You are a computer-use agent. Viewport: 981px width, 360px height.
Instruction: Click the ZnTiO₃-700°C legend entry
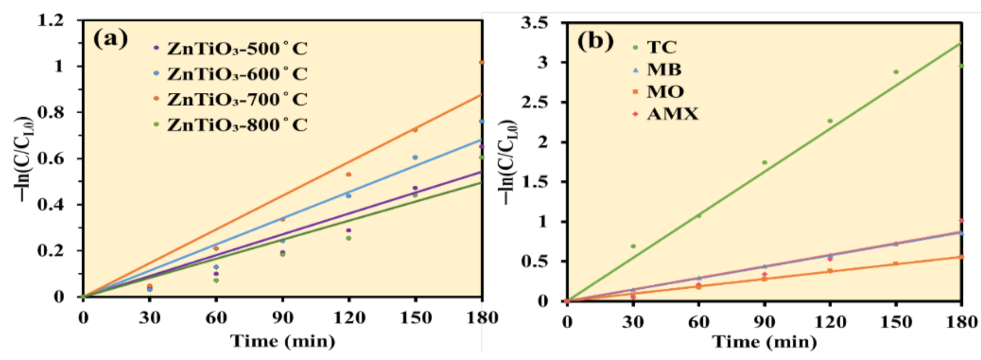(x=237, y=99)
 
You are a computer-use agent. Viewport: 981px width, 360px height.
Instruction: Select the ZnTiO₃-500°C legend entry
(x=237, y=48)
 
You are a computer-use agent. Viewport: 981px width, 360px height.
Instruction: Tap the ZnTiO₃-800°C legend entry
(x=237, y=125)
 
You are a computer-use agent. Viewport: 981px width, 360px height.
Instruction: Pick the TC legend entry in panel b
(x=661, y=47)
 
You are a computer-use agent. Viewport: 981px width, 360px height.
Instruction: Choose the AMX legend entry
(x=672, y=114)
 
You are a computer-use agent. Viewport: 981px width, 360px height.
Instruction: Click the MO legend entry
(x=665, y=92)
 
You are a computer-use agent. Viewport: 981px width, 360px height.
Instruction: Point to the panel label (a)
(x=110, y=39)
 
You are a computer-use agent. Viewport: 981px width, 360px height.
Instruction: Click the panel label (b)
(x=595, y=41)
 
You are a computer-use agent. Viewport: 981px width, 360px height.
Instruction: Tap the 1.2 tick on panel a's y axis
(x=51, y=20)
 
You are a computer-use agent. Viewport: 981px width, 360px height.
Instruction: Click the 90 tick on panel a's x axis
(x=283, y=317)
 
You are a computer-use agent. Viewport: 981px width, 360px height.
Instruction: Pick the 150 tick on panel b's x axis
(x=896, y=322)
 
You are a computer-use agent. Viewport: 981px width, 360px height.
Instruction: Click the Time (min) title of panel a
(x=283, y=341)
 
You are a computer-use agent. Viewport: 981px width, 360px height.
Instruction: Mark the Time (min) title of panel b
(x=764, y=342)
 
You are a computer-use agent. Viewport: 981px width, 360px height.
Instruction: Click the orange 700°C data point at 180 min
(x=482, y=62)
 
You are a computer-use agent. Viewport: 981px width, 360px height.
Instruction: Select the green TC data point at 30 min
(x=633, y=246)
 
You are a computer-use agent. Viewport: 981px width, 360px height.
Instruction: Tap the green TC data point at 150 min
(x=896, y=72)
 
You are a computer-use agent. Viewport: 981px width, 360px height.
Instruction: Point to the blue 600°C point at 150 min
(x=415, y=157)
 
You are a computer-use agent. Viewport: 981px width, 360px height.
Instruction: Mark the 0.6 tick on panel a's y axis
(x=51, y=158)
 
